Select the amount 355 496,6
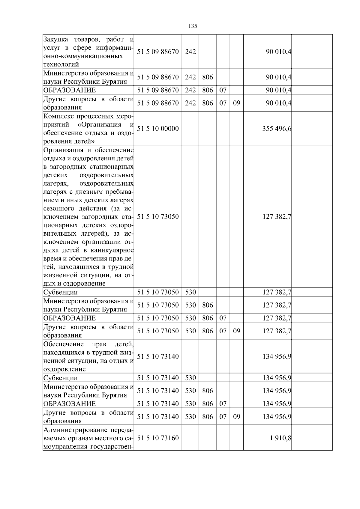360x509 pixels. pyautogui.click(x=277, y=129)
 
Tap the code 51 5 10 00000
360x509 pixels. pyautogui.click(x=158, y=129)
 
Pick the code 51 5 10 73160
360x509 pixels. pyautogui.click(x=158, y=438)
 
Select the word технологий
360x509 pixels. pyautogui.click(x=61, y=64)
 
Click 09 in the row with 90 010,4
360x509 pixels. pyautogui.click(x=237, y=103)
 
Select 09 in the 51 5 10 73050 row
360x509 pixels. pyautogui.click(x=237, y=331)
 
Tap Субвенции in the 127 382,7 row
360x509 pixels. pyautogui.click(x=61, y=292)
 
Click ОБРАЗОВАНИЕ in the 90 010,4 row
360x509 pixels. pyautogui.click(x=70, y=90)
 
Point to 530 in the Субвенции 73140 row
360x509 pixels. pyautogui.click(x=190, y=378)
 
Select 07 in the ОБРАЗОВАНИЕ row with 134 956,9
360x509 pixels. pyautogui.click(x=223, y=403)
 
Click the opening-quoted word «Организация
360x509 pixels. pyautogui.click(x=99, y=125)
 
